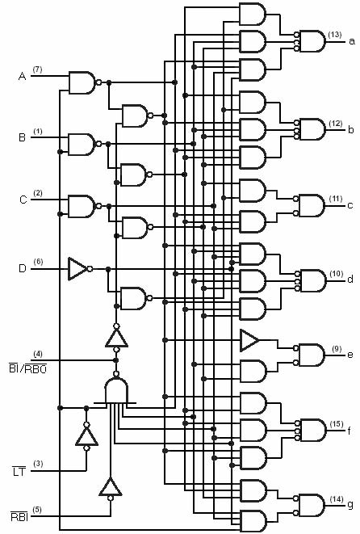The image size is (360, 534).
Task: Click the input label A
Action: (22, 76)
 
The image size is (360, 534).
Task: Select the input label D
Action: (22, 268)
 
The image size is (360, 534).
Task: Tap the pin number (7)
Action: (37, 69)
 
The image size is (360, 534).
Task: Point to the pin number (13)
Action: (335, 35)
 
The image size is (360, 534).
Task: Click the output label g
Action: (350, 505)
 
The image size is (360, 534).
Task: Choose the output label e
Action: (350, 355)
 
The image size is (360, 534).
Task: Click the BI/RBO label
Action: (28, 368)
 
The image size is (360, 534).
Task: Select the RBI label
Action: (19, 517)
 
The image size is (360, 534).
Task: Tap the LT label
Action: (19, 472)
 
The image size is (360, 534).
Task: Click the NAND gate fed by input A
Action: (82, 82)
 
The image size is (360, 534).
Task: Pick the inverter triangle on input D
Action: (80, 269)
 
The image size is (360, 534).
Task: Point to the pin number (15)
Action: (336, 424)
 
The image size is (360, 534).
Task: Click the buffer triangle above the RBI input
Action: (111, 488)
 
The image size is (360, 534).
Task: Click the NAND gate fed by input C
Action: (82, 206)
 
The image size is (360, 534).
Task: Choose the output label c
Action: (350, 205)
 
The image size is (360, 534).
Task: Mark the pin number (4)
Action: (38, 354)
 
